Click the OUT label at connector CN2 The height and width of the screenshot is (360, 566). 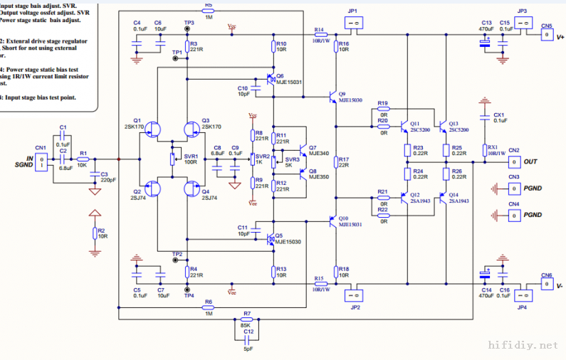click(530, 162)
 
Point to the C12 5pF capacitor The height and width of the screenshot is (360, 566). click(247, 341)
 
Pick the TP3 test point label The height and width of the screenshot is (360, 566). click(189, 23)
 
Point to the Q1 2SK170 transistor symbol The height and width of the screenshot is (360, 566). click(154, 129)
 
